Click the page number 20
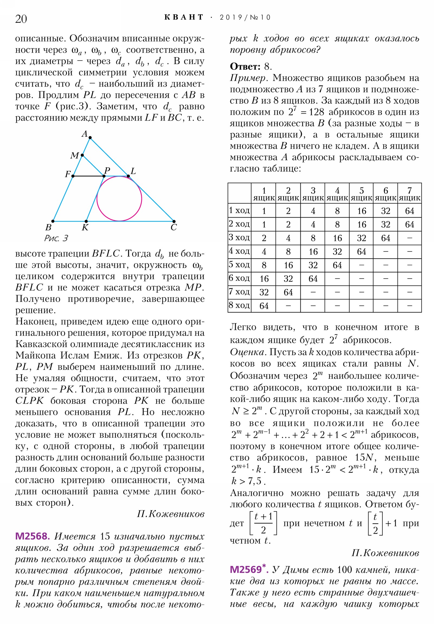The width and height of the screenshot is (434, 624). tap(21, 19)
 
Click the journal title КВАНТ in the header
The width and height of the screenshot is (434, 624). tap(184, 17)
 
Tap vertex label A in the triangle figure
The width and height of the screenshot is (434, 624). tap(85, 134)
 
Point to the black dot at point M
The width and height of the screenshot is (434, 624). tap(82, 155)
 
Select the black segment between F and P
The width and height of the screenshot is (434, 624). tap(88, 176)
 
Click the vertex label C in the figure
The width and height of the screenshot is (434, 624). tap(174, 227)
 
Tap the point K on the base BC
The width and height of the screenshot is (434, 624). tap(86, 221)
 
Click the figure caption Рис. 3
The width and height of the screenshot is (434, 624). tap(56, 238)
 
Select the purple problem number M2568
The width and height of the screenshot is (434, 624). tap(32, 536)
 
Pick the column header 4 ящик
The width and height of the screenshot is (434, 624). tap(337, 194)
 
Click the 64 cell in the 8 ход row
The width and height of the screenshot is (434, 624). tap(264, 306)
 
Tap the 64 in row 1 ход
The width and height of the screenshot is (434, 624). tap(410, 211)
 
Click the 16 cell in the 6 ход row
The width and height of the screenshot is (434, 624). tap(264, 279)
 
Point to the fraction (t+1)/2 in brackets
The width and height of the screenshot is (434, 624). tap(263, 523)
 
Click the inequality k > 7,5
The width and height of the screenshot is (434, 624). tap(248, 481)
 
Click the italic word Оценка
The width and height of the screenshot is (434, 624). tap(247, 352)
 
